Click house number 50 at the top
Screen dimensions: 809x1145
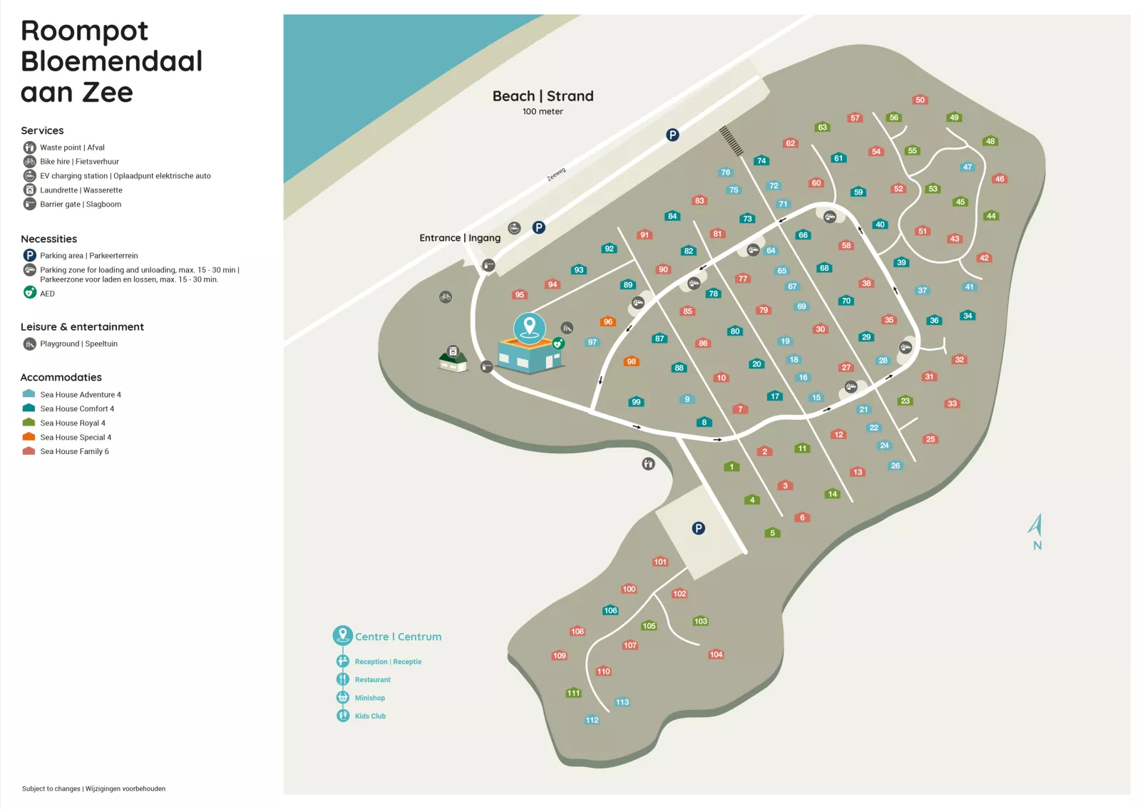[x=920, y=100]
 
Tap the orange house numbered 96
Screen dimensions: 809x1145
[x=607, y=321]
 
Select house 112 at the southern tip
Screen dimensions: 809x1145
[x=592, y=720]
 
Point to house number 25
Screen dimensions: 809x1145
[x=930, y=439]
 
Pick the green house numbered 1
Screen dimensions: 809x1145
[x=731, y=467]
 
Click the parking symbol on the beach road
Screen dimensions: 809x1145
[x=672, y=135]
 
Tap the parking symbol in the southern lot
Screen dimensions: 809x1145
[x=699, y=528]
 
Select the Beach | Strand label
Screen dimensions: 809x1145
[x=543, y=96]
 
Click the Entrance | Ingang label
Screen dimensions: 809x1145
[x=460, y=238]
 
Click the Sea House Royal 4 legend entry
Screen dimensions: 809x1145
[x=72, y=423]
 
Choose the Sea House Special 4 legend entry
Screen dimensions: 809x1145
[x=75, y=438]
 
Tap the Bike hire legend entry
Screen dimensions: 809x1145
[x=79, y=162]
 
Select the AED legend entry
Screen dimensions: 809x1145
[x=47, y=294]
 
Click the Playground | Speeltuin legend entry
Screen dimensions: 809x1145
[x=78, y=344]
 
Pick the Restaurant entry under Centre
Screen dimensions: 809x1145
[x=372, y=680]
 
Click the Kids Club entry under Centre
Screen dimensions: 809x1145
[x=370, y=716]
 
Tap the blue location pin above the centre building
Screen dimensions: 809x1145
[x=529, y=326]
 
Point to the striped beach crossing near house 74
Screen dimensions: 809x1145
[x=731, y=140]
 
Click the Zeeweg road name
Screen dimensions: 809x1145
[x=556, y=175]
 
